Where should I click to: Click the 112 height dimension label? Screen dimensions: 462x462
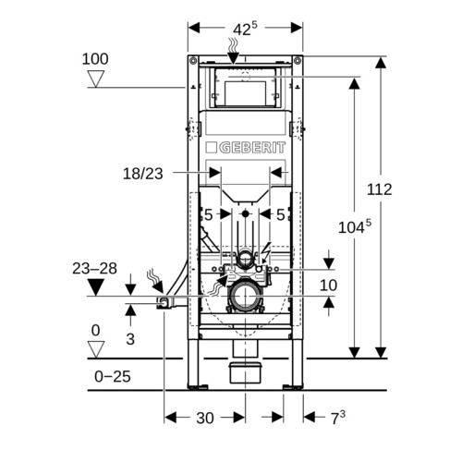pyautogui.click(x=380, y=189)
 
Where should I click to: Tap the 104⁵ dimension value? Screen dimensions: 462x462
pyautogui.click(x=355, y=227)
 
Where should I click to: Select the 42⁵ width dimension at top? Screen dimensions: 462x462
pyautogui.click(x=245, y=29)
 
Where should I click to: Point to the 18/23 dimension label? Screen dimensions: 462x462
pyautogui.click(x=143, y=174)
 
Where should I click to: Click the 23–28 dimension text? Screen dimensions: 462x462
pyautogui.click(x=94, y=269)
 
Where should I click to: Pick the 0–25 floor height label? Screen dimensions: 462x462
pyautogui.click(x=113, y=376)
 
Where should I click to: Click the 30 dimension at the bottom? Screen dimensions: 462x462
pyautogui.click(x=205, y=419)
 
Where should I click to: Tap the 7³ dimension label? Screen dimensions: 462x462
pyautogui.click(x=338, y=418)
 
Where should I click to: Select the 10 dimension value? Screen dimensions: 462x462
pyautogui.click(x=329, y=286)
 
